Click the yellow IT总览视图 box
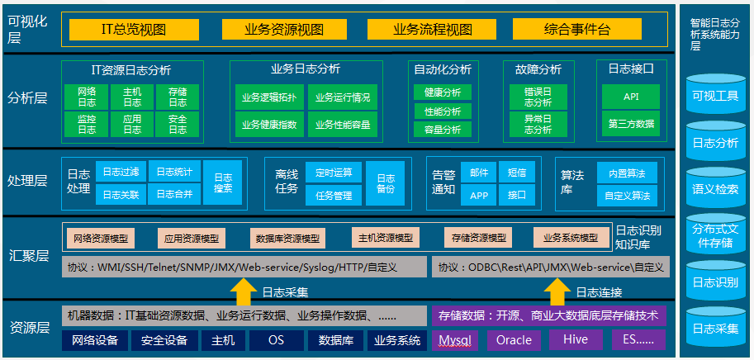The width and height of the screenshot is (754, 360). point(134,30)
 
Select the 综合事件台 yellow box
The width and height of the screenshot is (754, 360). point(577,30)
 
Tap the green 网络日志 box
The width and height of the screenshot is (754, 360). point(87,97)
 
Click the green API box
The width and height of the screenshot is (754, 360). point(631,97)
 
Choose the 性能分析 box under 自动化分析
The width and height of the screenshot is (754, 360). point(443,111)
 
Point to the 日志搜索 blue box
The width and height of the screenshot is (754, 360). point(223,182)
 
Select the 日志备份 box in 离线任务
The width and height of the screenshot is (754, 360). point(385,183)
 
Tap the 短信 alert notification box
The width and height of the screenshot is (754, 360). point(517,173)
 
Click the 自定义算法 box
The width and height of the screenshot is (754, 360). point(627,196)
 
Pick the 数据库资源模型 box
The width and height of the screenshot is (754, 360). point(287,238)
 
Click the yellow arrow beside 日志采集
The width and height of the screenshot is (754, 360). point(244,291)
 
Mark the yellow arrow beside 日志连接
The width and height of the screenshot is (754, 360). point(557,291)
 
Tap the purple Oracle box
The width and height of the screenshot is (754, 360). point(514,340)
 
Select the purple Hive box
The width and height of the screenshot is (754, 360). point(576,340)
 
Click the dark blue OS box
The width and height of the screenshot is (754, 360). point(276,340)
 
